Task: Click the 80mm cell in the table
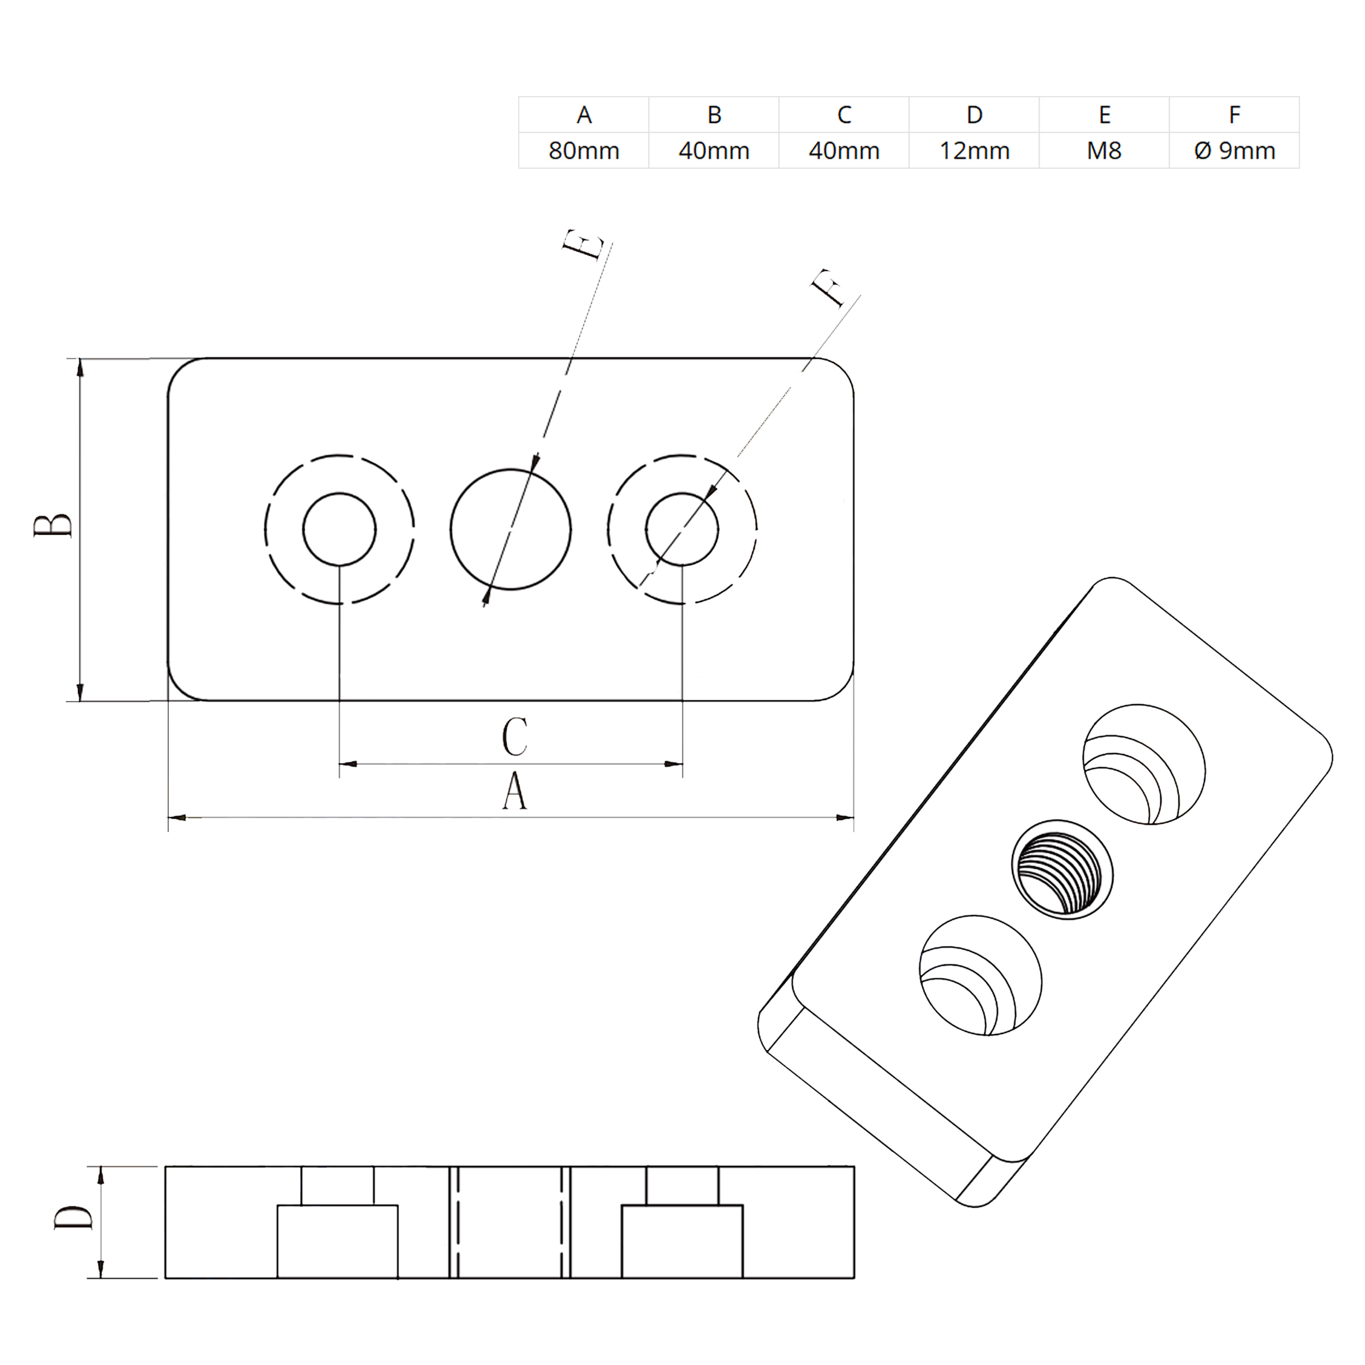tap(584, 151)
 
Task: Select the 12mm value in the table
tap(974, 151)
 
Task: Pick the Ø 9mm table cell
tap(1235, 151)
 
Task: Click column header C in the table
tap(844, 115)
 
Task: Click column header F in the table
tap(1235, 115)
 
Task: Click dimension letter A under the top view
tap(514, 791)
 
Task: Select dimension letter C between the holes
tap(514, 737)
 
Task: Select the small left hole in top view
tap(339, 529)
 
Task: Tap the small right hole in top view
tap(682, 529)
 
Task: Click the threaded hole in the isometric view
tap(1061, 870)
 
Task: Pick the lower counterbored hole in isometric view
tap(981, 976)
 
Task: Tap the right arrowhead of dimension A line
tap(844, 817)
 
